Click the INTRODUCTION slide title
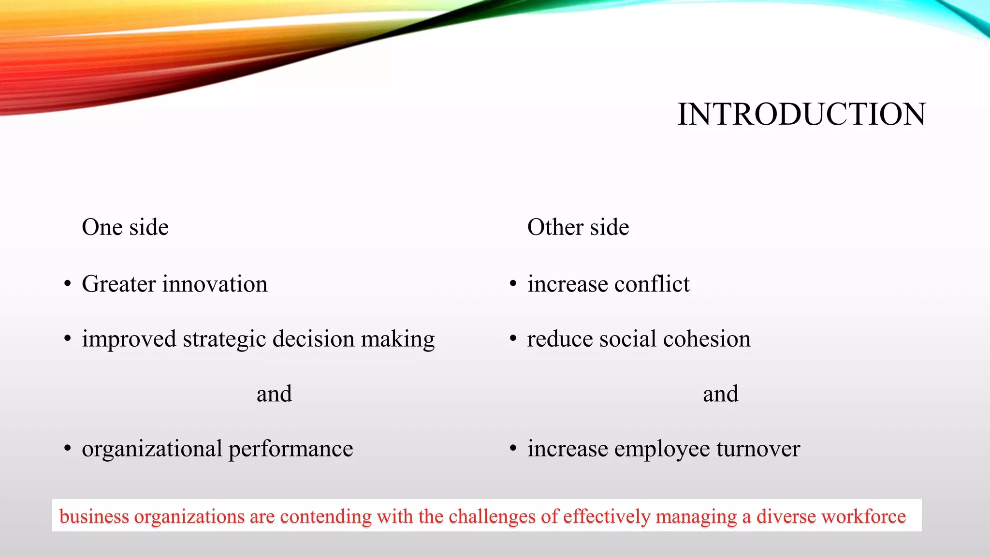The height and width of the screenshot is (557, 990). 801,115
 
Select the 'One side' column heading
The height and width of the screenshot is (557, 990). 125,227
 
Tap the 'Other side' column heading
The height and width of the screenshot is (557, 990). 578,227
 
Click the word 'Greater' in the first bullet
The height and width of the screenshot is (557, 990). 118,284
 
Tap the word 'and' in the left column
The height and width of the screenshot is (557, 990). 274,394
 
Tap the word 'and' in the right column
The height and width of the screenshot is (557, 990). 720,394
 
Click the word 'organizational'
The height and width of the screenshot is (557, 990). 152,449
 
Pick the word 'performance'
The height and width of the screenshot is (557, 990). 291,449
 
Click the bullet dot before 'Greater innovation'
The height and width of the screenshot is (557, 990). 68,284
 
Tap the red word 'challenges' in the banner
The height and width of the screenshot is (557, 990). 492,516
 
